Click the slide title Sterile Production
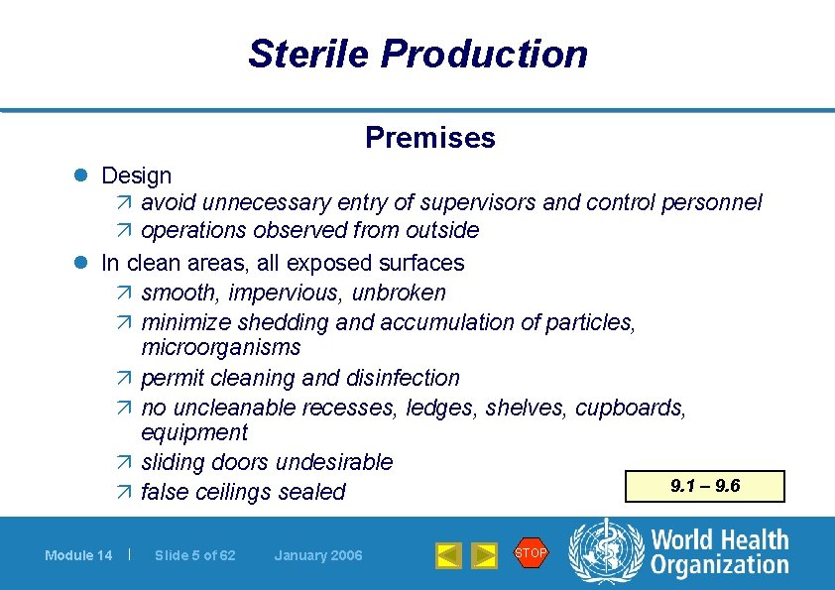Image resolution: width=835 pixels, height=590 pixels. pyautogui.click(x=417, y=54)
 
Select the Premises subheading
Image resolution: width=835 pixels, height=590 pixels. pyautogui.click(x=429, y=138)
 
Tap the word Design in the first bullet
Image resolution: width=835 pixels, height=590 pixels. pyautogui.click(x=136, y=177)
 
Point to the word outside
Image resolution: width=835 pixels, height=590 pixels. pyautogui.click(x=442, y=231)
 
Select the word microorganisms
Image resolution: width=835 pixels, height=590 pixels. pyautogui.click(x=220, y=348)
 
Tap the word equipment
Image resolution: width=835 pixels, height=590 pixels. pyautogui.click(x=194, y=433)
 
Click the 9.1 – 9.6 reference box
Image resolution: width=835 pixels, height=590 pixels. pyautogui.click(x=705, y=487)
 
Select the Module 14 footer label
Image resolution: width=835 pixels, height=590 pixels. pyautogui.click(x=78, y=555)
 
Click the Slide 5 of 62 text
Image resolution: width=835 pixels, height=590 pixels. pyautogui.click(x=195, y=555)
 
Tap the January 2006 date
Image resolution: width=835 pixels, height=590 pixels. pyautogui.click(x=318, y=555)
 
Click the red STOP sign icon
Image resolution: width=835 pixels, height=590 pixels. pyautogui.click(x=531, y=553)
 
